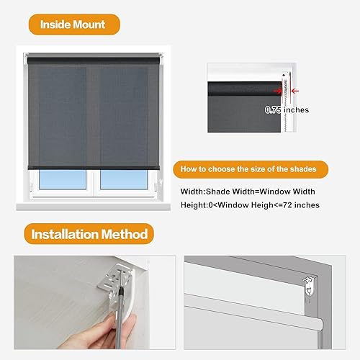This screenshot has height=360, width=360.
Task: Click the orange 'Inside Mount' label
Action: coord(73,24)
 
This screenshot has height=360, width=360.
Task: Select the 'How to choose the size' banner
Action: coord(248,170)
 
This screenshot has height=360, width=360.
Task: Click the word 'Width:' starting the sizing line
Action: coord(193,192)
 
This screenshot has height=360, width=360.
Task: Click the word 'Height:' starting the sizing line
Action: coord(195,206)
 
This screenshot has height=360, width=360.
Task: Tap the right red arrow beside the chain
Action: coord(297,91)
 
